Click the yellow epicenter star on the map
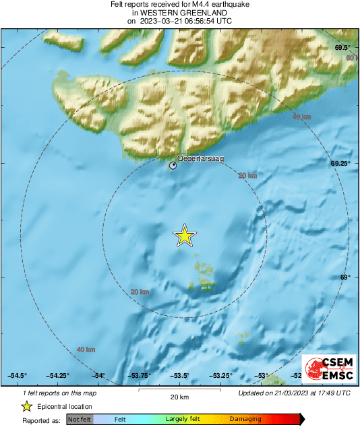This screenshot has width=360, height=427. (184, 236)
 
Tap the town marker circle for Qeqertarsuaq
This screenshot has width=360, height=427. (173, 165)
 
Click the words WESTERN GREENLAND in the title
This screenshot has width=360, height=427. (180, 13)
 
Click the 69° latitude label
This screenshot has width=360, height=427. (344, 277)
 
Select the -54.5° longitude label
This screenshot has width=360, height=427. (18, 376)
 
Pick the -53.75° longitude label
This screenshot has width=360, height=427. (140, 376)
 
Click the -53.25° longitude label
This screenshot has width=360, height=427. (221, 376)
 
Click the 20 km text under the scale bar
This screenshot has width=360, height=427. (179, 397)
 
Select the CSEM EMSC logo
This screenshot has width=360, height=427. (328, 370)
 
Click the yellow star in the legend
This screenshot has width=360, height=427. (26, 406)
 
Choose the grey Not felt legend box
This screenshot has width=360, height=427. (80, 419)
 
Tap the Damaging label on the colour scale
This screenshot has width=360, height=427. (245, 419)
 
